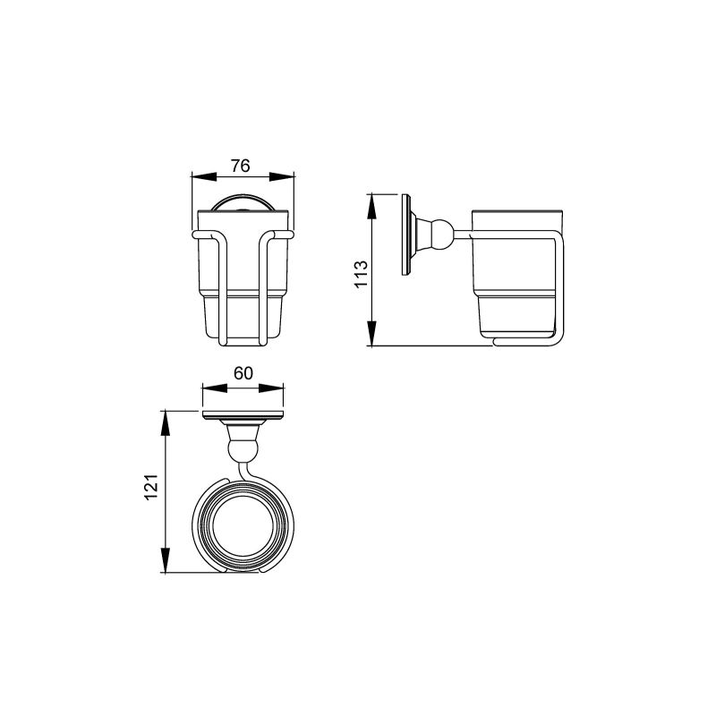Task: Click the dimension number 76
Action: coord(241,166)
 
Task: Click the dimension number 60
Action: coord(243,373)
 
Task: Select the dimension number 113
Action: coord(362,274)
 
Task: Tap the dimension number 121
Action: coord(151,487)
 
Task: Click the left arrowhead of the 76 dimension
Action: coord(204,176)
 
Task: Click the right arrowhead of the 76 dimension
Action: coord(282,176)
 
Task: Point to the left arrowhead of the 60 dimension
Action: coord(215,388)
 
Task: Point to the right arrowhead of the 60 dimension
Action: coord(271,388)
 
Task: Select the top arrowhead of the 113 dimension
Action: coord(372,207)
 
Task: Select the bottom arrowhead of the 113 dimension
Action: coord(372,333)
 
